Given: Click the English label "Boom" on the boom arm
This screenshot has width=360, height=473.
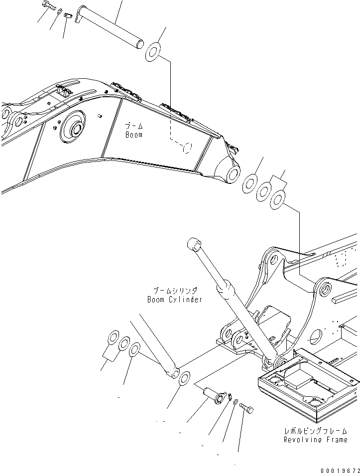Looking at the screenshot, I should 133,135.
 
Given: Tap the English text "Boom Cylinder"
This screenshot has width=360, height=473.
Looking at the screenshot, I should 174,300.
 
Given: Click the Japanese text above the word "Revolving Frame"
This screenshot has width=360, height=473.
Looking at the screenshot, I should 315,431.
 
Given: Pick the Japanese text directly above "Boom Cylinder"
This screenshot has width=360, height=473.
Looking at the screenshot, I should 175,290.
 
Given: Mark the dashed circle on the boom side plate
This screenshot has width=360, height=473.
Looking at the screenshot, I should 185,148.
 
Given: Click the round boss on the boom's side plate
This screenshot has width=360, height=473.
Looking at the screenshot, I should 74,129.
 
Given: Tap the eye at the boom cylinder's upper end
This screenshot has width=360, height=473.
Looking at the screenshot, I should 194,244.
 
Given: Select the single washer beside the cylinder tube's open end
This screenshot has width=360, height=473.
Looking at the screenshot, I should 183,378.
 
